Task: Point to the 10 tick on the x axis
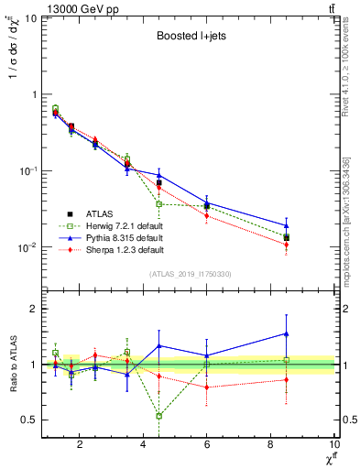334,444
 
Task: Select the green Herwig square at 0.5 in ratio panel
159,416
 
